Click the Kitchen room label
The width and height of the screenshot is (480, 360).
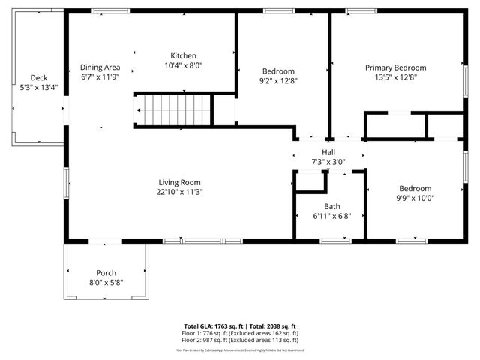(183, 56)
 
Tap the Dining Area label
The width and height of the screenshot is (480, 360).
(100, 67)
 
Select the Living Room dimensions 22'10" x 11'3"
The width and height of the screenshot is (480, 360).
(180, 192)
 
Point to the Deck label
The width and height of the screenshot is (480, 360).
(39, 78)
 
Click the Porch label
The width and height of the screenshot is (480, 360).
(106, 272)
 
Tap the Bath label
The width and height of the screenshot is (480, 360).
(331, 206)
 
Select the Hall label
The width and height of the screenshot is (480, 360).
(328, 152)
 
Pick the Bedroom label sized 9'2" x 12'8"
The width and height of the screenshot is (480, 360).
(277, 70)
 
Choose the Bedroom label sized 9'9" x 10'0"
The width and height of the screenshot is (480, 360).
(415, 189)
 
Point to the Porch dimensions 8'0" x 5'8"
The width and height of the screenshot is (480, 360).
(106, 282)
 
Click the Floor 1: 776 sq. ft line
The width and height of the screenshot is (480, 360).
(239, 333)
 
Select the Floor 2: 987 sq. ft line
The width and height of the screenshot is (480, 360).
(239, 340)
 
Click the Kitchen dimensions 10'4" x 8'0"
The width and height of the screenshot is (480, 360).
(183, 66)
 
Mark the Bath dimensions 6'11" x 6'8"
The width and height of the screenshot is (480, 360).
(331, 216)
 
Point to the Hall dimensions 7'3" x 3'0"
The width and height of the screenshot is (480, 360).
(328, 162)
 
